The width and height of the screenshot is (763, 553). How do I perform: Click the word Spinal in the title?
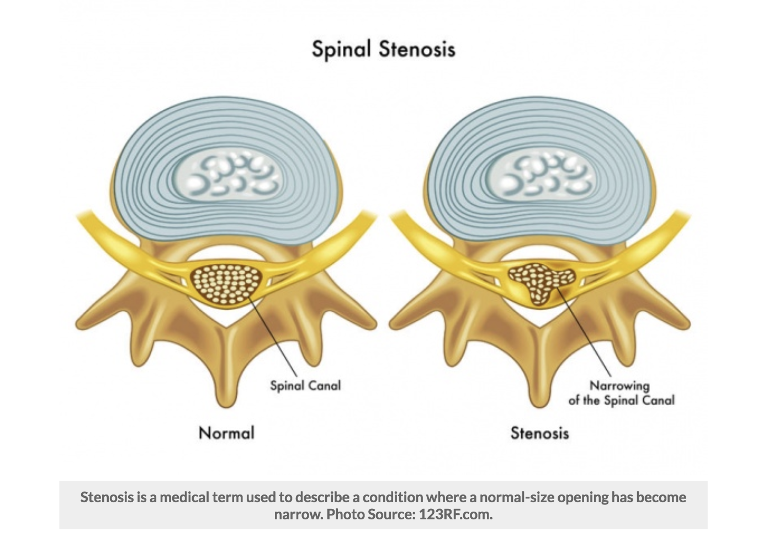point(341,49)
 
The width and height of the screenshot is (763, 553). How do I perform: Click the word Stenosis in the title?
point(417,49)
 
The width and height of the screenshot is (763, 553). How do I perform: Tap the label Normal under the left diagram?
point(226,432)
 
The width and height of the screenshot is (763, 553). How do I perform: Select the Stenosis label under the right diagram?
point(539,433)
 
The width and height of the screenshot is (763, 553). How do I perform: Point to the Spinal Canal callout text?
point(305,385)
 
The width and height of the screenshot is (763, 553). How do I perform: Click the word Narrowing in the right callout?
point(619,385)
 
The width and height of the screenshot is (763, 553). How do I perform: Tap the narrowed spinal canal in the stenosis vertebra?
point(538,281)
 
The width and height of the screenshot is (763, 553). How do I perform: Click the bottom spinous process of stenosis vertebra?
point(540,386)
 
